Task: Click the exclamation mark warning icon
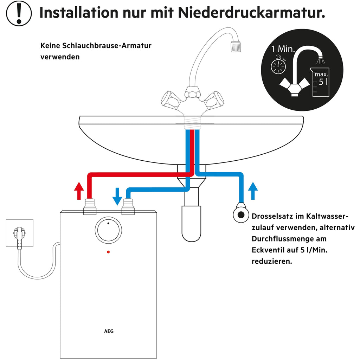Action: pyautogui.click(x=19, y=13)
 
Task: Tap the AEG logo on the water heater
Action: pyautogui.click(x=109, y=331)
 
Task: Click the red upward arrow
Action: pyautogui.click(x=79, y=191)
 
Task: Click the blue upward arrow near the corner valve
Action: pyautogui.click(x=252, y=191)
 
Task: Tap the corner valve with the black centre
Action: pyautogui.click(x=241, y=215)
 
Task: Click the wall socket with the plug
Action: pyautogui.click(x=19, y=233)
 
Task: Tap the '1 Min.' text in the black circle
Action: pyautogui.click(x=283, y=49)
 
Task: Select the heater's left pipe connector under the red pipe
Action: pyautogui.click(x=90, y=207)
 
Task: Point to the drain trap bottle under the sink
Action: pyautogui.click(x=191, y=223)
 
